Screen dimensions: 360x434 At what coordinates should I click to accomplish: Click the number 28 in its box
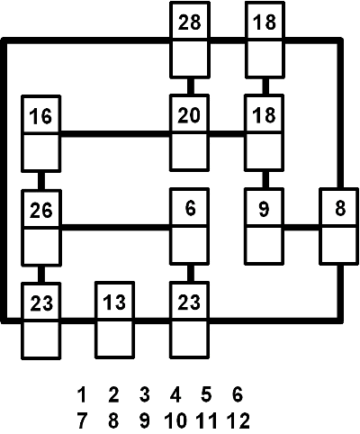pos(189,23)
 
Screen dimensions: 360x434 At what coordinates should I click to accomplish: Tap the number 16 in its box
pos(40,116)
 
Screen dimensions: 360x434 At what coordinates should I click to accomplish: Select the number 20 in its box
pos(189,115)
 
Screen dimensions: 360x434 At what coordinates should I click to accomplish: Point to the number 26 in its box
pos(41,210)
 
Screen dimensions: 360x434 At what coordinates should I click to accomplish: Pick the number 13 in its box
pos(114,302)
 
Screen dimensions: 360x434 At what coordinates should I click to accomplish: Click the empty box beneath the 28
pos(190,59)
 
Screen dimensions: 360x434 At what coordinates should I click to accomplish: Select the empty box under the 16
pos(41,152)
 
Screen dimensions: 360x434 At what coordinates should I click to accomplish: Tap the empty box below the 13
pos(114,339)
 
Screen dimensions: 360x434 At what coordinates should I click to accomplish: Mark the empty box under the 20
pos(189,151)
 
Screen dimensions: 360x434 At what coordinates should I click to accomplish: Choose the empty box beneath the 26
pos(41,246)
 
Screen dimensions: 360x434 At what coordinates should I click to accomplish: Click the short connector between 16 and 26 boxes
pos(41,181)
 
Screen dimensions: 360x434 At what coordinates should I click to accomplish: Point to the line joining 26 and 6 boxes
pos(115,227)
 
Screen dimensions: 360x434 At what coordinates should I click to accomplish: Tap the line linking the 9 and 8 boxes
pos(301,227)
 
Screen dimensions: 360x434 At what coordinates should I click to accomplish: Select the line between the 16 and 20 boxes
pos(115,133)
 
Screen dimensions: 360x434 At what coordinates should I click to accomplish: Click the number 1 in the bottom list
pos(82,394)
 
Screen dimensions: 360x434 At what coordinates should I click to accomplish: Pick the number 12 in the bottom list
pos(238,420)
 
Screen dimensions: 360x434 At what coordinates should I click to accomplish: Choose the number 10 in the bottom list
pos(175,420)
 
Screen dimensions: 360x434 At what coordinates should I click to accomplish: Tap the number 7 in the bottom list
pos(82,420)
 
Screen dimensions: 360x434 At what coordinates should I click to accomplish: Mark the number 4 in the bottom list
pos(175,394)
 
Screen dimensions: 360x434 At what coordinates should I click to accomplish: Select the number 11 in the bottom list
pos(206,420)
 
